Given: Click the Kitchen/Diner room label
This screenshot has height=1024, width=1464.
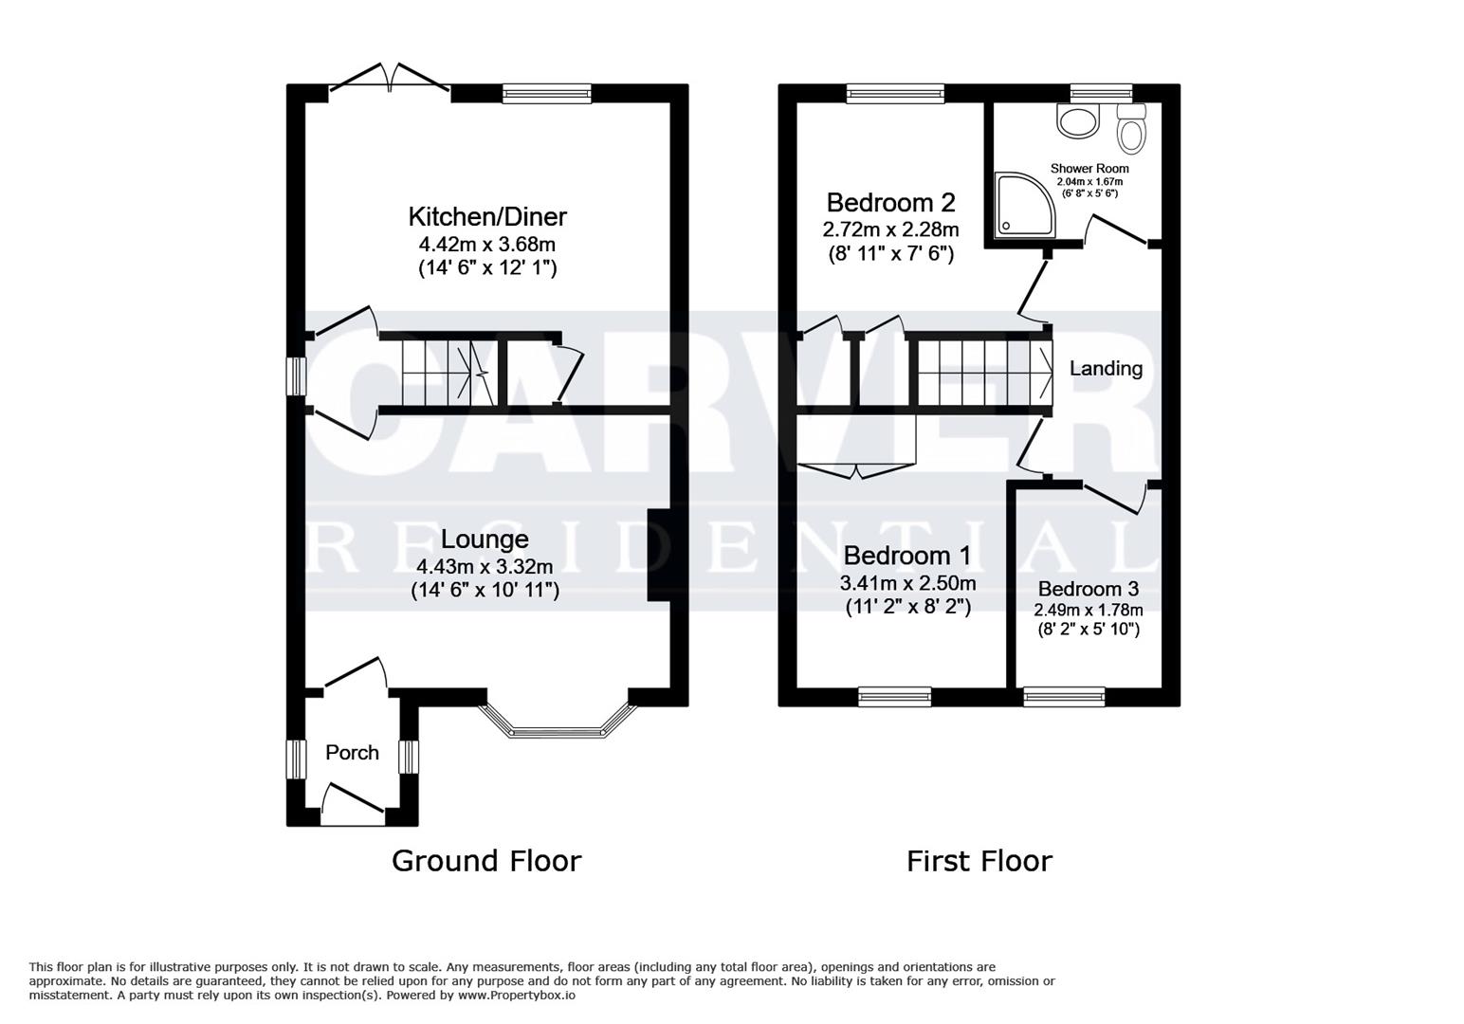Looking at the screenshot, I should [x=487, y=216].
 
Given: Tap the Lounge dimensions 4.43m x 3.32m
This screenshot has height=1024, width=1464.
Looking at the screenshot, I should [x=485, y=567].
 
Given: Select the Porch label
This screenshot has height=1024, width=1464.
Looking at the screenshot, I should [x=352, y=753].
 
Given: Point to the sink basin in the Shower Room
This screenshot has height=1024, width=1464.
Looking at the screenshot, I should [x=1077, y=120].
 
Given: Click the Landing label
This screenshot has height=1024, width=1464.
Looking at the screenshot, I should [x=1106, y=369].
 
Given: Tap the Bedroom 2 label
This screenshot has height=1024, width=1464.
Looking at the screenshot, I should [x=890, y=202].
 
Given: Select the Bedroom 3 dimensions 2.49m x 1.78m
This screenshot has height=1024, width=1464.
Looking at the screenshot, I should [x=1088, y=611].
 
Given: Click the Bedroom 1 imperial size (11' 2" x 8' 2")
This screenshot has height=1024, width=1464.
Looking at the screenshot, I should [x=907, y=607].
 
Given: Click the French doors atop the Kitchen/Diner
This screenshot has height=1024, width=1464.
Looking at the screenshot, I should [x=390, y=82].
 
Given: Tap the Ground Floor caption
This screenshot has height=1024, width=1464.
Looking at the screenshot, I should [x=486, y=861].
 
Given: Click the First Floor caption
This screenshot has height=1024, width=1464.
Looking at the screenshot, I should [x=979, y=861].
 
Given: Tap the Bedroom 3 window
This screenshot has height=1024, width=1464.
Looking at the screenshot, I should [x=1064, y=697].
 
